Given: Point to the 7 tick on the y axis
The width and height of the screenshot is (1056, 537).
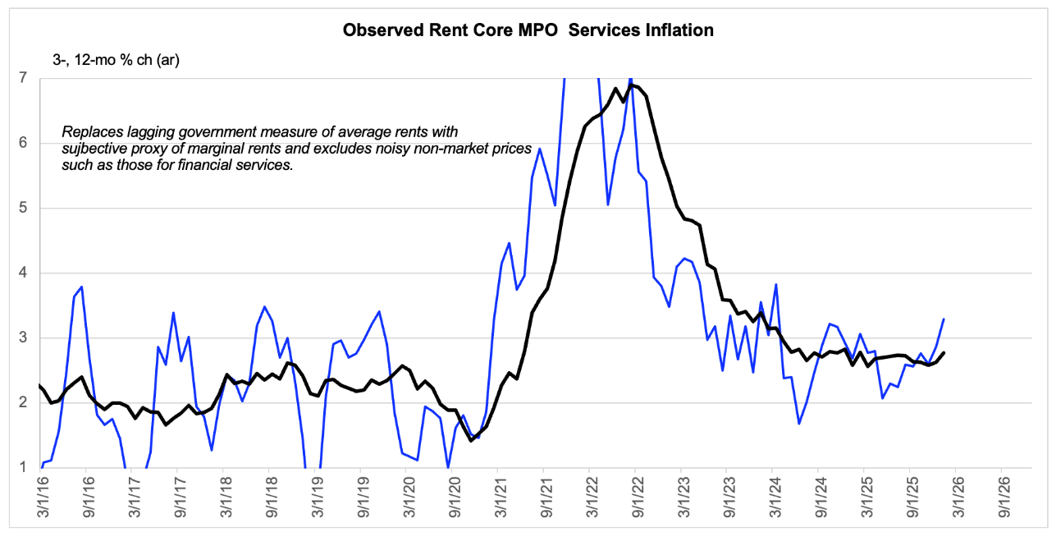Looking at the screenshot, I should pos(23,78).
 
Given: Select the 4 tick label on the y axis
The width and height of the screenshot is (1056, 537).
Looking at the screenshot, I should pos(23,273).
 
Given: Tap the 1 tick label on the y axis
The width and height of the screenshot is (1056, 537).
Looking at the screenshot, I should pos(23,467).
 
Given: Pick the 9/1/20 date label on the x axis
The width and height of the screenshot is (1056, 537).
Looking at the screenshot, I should pos(450,498).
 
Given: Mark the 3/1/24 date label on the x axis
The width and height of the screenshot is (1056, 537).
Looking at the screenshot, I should pos(770,498).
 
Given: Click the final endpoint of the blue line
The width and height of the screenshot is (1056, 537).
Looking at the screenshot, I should pos(944,319).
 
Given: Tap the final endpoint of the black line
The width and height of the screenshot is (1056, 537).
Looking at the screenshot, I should pos(944,352).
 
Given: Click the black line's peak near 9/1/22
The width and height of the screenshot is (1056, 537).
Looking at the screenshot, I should pos(632,85).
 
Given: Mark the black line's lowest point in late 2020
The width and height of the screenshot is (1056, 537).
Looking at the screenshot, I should pos(471,441).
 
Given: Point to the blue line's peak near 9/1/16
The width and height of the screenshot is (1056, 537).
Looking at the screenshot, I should pos(82,287).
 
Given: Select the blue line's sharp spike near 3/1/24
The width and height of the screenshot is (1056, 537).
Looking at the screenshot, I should pos(776,284).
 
